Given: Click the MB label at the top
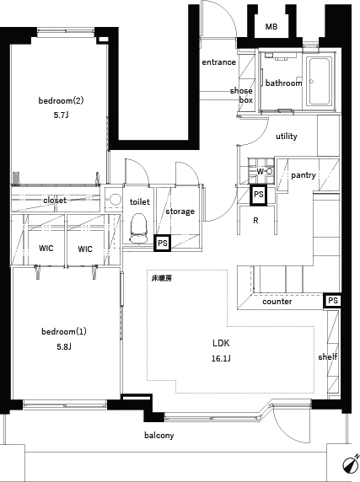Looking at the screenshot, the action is tap(271, 27).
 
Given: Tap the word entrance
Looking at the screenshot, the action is tap(218, 62).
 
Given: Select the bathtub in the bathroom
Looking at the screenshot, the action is tap(320, 83).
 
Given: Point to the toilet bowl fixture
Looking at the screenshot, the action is tap(139, 228).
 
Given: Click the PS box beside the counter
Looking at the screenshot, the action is tap(332, 300).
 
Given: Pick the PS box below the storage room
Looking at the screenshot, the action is tap(163, 244).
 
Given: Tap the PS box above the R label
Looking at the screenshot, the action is tap(259, 195).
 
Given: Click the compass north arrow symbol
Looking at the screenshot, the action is tap(351, 463).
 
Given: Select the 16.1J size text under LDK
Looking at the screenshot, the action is tap(221, 358).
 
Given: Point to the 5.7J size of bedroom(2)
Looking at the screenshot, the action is tap(61, 115).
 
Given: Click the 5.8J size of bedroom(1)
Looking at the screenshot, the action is tap(64, 347).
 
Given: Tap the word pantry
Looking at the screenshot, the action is tap(304, 175).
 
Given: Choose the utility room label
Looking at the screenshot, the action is tap(287, 137).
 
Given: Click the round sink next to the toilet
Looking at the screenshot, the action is tap(115, 199).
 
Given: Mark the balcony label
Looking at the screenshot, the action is tap(159, 436).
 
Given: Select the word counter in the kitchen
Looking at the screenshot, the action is tap(277, 302).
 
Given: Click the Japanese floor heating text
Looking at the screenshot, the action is tap(162, 279).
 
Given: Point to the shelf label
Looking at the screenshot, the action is tap(328, 357).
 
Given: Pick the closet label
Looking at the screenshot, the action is tap(55, 201).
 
